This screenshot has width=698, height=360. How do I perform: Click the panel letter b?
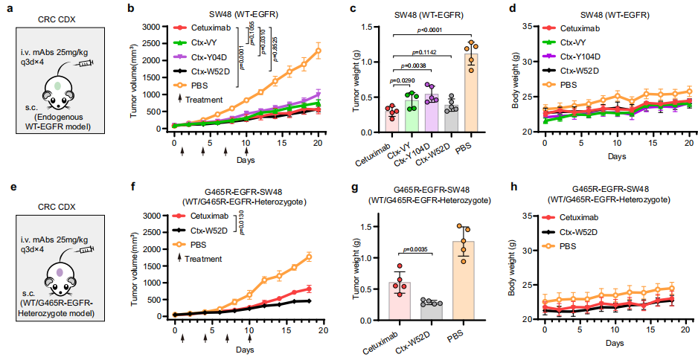131,9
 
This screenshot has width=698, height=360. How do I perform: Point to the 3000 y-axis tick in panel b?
152,27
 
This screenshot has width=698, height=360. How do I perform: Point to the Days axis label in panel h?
615,344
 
